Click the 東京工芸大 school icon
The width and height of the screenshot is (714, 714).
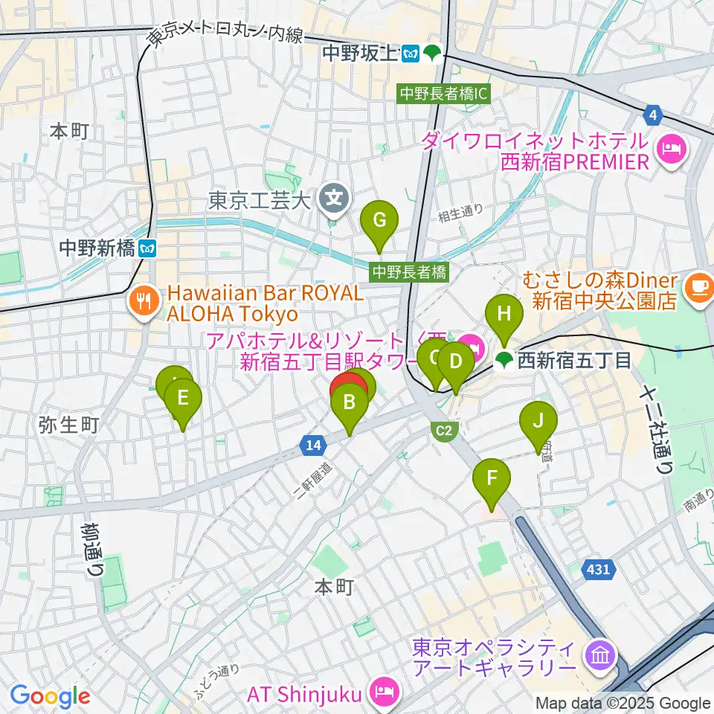point(335,198)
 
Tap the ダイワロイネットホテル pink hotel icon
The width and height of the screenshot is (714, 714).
point(672,149)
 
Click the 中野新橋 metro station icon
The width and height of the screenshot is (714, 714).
point(149,248)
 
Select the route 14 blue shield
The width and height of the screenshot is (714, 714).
point(312,445)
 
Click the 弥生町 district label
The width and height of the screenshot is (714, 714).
point(68,425)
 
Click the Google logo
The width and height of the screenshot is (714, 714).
point(50,697)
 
